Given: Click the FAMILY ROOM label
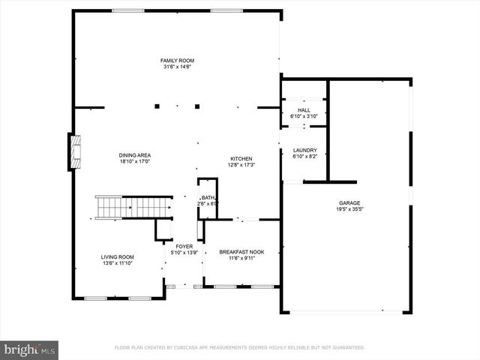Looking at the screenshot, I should click(177, 60).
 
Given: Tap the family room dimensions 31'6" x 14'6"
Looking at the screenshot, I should click(177, 67).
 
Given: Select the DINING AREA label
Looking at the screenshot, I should click(135, 155).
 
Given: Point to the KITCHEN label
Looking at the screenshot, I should click(241, 158).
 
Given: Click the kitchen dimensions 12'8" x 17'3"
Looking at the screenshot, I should click(241, 165).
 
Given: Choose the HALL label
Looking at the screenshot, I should click(304, 110).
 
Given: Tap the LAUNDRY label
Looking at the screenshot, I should click(304, 150).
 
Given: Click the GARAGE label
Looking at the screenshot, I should click(349, 203).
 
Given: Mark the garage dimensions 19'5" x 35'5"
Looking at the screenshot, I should click(349, 210).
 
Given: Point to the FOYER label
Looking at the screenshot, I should click(184, 246).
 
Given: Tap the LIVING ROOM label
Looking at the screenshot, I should click(117, 257).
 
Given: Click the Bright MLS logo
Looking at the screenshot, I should click(30, 349).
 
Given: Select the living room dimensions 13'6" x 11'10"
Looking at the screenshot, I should click(117, 263).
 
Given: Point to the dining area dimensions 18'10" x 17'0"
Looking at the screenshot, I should click(135, 162).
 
